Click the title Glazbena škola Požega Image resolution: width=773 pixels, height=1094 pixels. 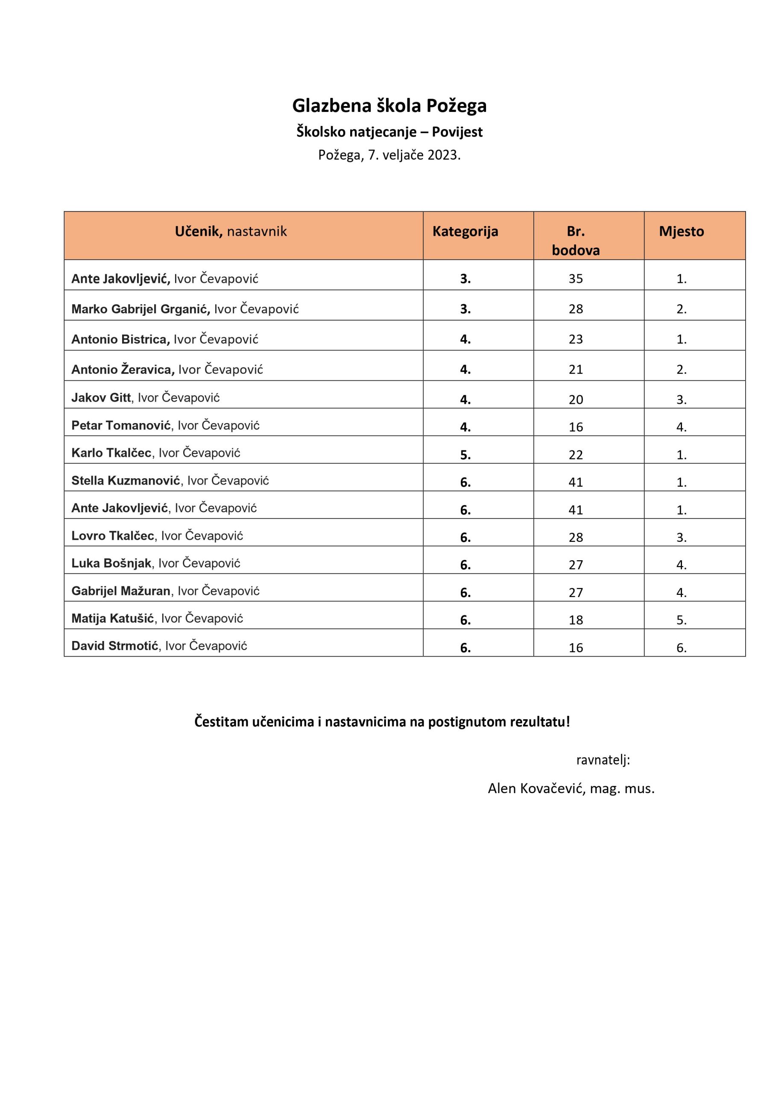click(x=389, y=106)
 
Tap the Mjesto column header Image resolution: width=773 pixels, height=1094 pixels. click(x=681, y=232)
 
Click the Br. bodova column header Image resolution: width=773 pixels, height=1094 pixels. click(x=575, y=241)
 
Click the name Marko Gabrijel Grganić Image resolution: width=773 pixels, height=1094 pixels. click(x=141, y=309)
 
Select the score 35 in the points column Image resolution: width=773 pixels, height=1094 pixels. click(x=575, y=279)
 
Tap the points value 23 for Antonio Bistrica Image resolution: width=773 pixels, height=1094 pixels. click(x=575, y=339)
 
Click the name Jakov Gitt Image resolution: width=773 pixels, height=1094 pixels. click(x=101, y=398)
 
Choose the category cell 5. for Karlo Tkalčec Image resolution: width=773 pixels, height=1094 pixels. click(x=466, y=455)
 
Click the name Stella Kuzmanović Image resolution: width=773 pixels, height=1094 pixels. click(x=126, y=481)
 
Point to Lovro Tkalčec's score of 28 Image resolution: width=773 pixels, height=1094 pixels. click(x=575, y=538)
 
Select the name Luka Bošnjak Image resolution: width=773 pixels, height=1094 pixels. click(x=111, y=564)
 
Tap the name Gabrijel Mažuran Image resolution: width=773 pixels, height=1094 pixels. click(x=121, y=591)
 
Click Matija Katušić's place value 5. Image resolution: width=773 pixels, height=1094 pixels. click(x=681, y=620)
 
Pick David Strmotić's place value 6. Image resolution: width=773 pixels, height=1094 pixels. click(x=681, y=647)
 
